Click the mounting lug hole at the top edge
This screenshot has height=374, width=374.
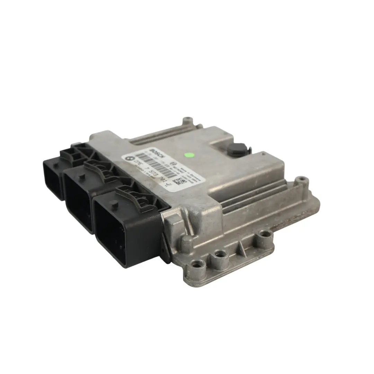tap(188, 120)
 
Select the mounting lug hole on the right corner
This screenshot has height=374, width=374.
tap(302, 180)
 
